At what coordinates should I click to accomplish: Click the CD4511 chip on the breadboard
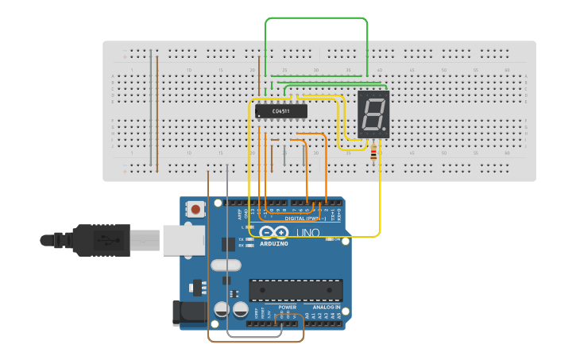tap(281, 111)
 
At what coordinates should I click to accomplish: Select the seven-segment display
tap(373, 114)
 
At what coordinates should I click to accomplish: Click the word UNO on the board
tap(307, 233)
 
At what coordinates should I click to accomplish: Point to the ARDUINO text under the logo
tap(274, 243)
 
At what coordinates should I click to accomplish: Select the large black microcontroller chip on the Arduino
tap(296, 290)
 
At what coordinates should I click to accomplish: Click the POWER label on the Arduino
tap(287, 307)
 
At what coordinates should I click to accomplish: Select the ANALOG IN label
tap(326, 307)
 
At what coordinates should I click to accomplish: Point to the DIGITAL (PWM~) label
tap(305, 218)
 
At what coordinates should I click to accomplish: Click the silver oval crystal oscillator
tap(225, 265)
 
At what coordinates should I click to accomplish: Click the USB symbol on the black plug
tap(101, 238)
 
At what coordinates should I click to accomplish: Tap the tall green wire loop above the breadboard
tap(316, 18)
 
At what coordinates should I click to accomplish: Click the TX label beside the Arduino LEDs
tap(242, 238)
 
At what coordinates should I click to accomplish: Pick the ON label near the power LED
tap(337, 239)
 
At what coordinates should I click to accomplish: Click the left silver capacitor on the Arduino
tap(222, 308)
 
